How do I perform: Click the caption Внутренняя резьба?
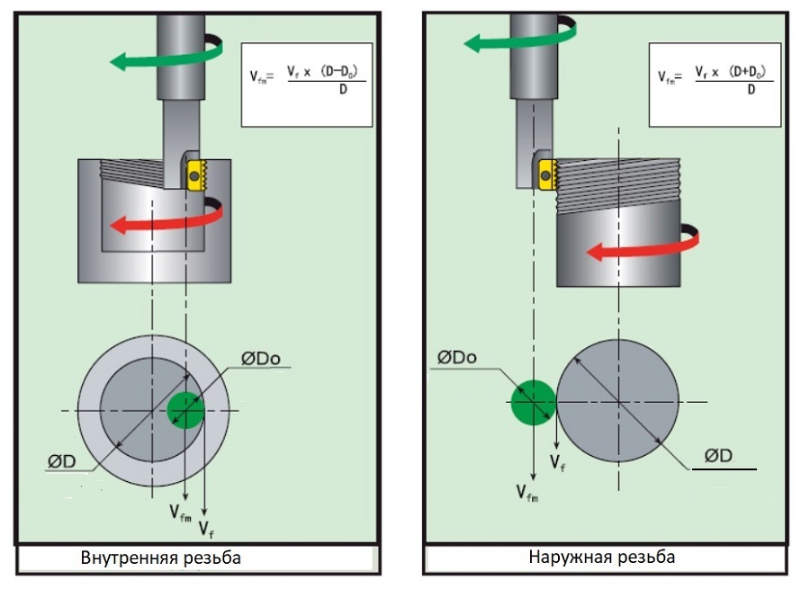(x=161, y=558)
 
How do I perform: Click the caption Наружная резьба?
(x=602, y=557)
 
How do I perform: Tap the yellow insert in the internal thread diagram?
(x=196, y=175)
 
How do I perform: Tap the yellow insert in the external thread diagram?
(x=547, y=174)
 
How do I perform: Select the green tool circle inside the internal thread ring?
(x=186, y=410)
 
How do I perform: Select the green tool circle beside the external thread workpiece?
(x=533, y=403)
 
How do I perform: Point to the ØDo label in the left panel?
(x=260, y=358)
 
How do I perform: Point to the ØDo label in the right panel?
(x=456, y=357)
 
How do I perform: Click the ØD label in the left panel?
(x=61, y=461)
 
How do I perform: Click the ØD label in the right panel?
(x=718, y=456)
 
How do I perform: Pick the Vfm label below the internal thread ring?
(x=180, y=513)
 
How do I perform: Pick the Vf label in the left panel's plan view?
(x=206, y=530)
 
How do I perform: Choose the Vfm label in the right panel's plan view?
(x=527, y=493)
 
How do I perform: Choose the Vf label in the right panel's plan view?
(x=557, y=462)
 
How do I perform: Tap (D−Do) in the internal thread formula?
(x=339, y=71)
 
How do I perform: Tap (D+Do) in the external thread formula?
(x=747, y=71)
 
